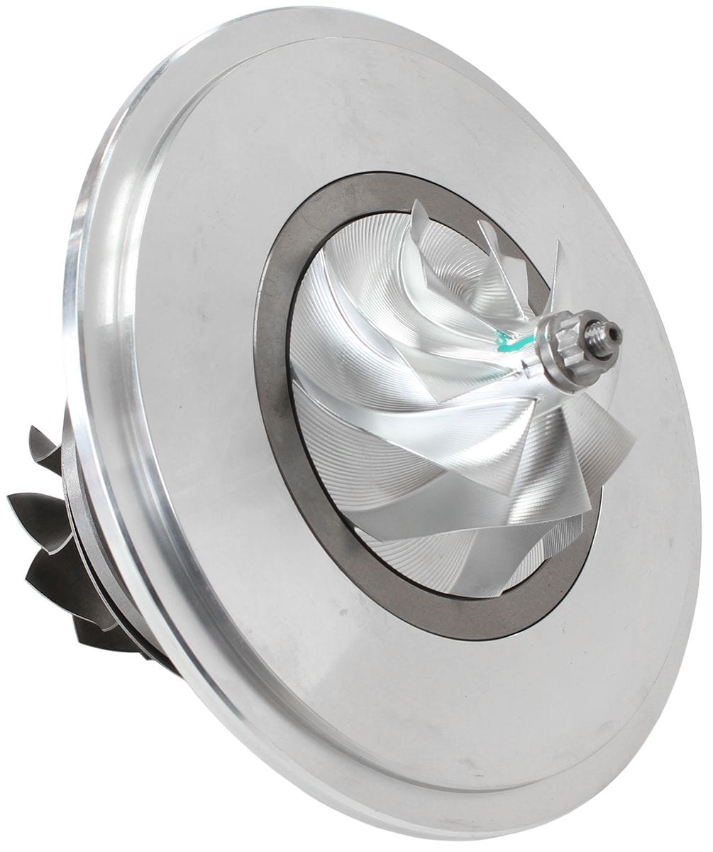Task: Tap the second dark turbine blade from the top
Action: pos(35,511)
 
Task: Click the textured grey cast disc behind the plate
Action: pos(71,461)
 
